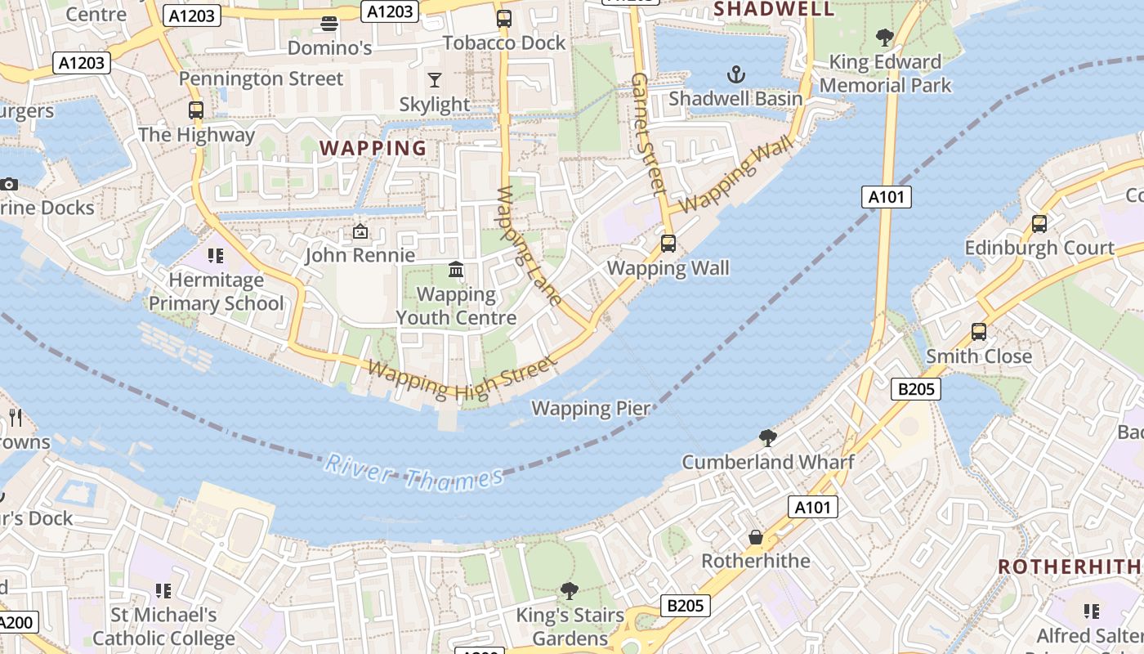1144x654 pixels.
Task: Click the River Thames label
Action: coord(413,473)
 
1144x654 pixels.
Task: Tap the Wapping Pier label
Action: coord(591,408)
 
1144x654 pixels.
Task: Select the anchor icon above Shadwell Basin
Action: coord(736,75)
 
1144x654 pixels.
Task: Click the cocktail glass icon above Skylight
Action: coord(435,80)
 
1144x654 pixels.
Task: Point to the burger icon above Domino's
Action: coord(329,24)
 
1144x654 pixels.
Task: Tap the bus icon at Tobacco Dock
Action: coord(504,18)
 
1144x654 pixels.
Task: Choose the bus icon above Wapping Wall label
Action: coord(668,243)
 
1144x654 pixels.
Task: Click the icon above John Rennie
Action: coord(360,232)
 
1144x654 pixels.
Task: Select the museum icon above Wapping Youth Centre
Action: coord(456,270)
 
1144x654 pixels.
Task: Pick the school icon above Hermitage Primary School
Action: coord(216,256)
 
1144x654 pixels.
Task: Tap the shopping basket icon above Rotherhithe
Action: coord(756,537)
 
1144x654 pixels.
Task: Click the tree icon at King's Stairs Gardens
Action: coord(570,590)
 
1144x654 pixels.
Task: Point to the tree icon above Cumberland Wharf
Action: coord(767,437)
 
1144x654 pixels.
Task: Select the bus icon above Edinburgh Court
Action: coord(1039,223)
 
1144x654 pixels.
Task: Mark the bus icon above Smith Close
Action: coord(978,332)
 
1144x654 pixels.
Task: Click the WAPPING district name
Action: coord(373,148)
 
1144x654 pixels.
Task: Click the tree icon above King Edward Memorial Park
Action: coord(884,37)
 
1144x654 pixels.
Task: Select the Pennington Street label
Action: coord(261,78)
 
